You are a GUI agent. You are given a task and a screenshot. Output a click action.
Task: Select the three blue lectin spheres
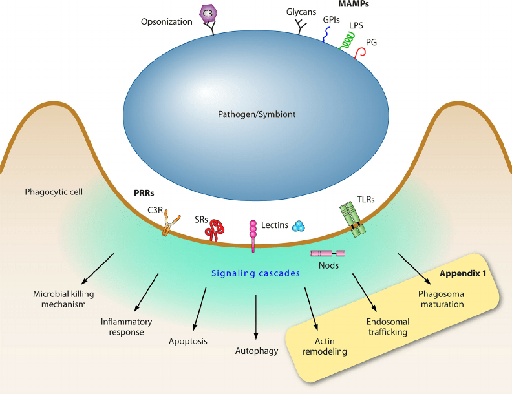[x=299, y=225]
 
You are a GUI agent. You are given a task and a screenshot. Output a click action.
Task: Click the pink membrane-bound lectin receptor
[x=253, y=236]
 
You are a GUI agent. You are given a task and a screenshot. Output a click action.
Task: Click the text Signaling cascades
[x=257, y=273]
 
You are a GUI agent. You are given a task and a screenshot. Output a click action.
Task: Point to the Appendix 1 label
[x=463, y=273]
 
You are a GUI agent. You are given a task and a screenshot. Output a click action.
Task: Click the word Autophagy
[x=257, y=351]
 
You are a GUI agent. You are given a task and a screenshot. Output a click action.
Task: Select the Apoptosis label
[x=188, y=340]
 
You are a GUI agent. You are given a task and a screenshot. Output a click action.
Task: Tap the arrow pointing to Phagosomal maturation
[x=414, y=267]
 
